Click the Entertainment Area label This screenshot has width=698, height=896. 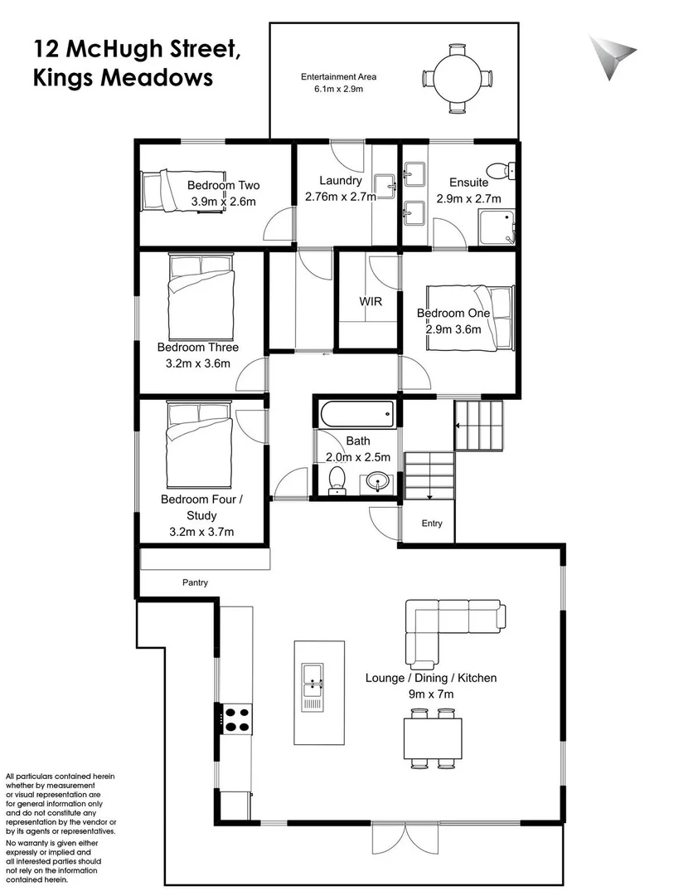point(337,77)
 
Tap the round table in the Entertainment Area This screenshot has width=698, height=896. point(458,77)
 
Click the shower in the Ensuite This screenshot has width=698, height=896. point(497,226)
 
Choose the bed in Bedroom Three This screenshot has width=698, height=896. point(200,295)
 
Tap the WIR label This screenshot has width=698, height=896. point(370,301)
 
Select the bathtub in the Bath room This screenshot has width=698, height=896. point(356,411)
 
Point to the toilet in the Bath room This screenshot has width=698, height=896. point(337,480)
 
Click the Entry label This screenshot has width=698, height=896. point(432,523)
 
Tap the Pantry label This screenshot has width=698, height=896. point(195,583)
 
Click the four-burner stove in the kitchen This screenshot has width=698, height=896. point(236,718)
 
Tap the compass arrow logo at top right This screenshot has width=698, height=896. point(613,56)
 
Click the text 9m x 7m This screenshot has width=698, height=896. point(430,694)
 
